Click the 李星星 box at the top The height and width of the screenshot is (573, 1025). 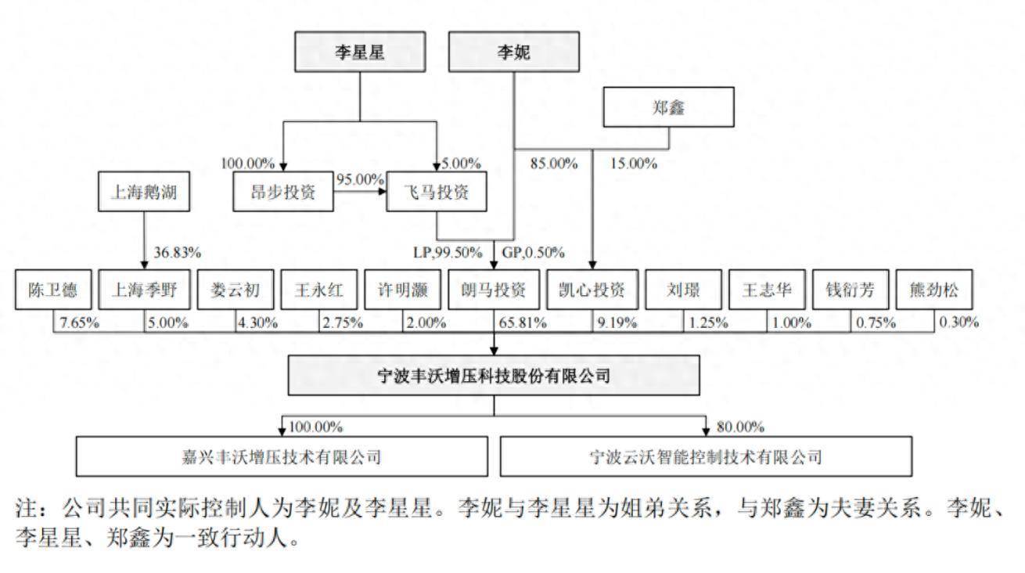[360, 52]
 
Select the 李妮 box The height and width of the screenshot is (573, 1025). [514, 52]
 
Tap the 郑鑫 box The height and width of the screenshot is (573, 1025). [668, 107]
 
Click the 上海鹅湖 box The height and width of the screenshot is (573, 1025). [144, 192]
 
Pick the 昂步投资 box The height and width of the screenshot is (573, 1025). [282, 192]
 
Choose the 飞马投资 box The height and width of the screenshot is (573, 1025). [436, 192]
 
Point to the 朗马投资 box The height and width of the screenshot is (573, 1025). [493, 290]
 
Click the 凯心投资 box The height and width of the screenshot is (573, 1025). [592, 290]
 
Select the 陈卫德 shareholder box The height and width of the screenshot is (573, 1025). [53, 290]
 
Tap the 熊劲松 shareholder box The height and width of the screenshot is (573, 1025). [934, 290]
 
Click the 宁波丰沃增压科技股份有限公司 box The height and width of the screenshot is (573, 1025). [494, 375]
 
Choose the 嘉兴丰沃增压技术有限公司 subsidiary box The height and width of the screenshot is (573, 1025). [282, 456]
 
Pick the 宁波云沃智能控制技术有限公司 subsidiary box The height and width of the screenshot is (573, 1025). [706, 456]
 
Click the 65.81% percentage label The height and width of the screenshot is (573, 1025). [523, 323]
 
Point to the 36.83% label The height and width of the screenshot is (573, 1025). [177, 253]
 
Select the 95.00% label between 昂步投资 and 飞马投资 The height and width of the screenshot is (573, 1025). [360, 179]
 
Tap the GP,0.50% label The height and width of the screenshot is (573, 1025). [533, 253]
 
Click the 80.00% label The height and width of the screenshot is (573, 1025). [740, 427]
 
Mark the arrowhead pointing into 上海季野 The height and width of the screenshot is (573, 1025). [144, 265]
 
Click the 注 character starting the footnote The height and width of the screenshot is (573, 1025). [27, 508]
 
